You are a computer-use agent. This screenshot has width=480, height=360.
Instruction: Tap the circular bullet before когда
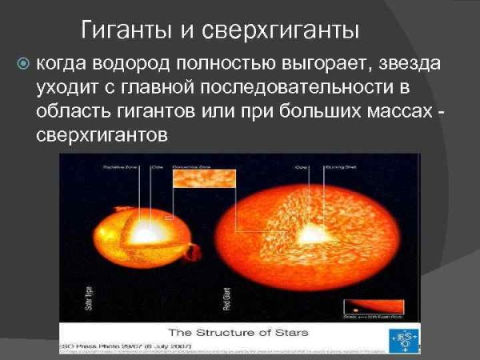coord(23,63)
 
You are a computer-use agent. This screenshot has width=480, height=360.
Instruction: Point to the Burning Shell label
coord(334,169)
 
